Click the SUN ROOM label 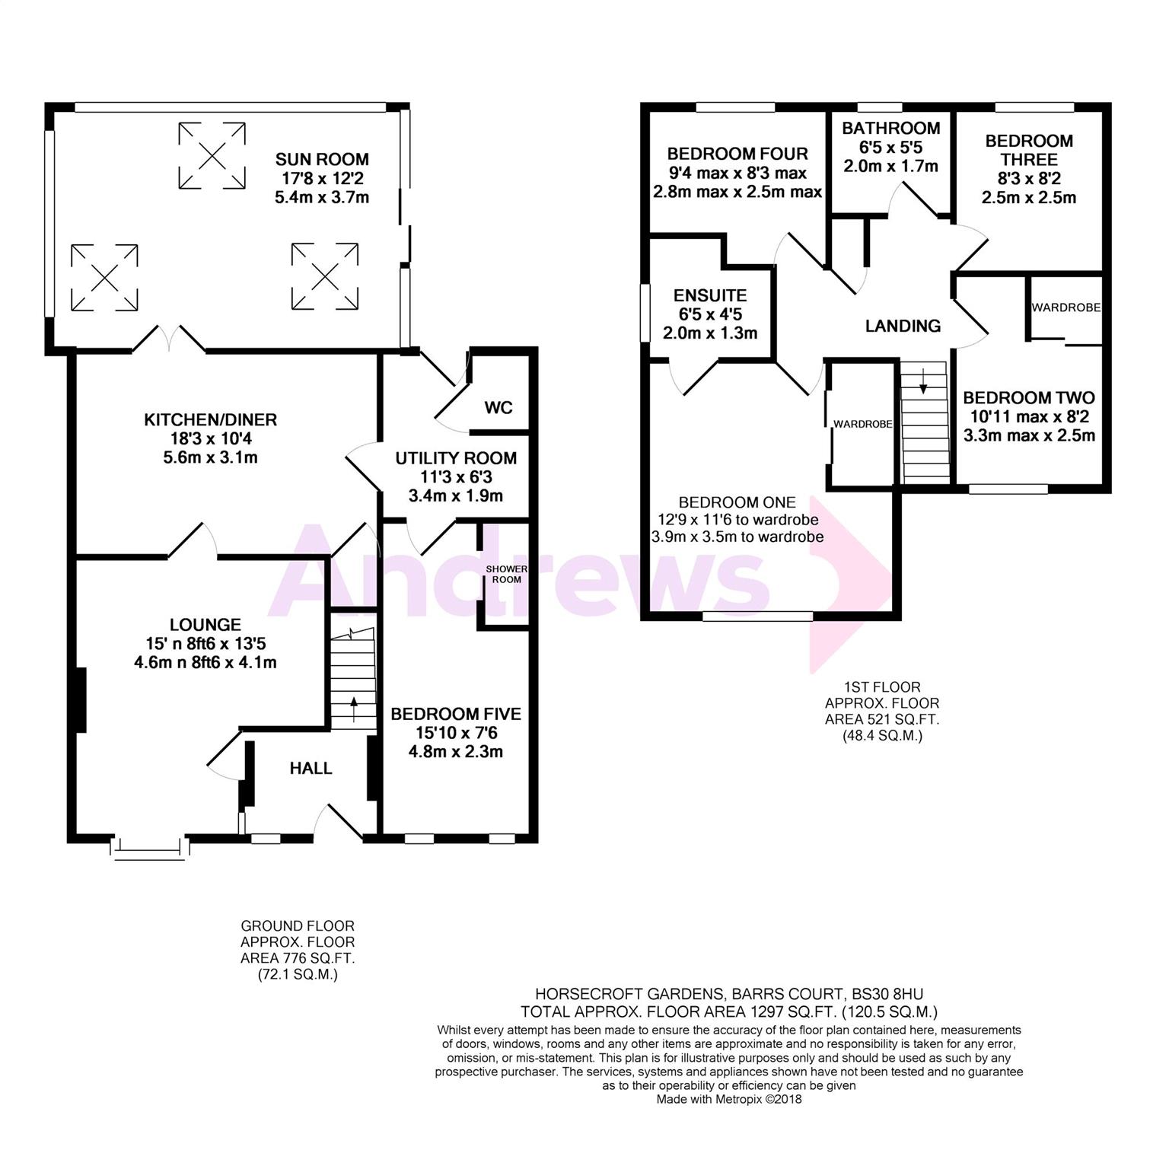tap(322, 159)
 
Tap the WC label tap(498, 408)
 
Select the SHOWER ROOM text tap(506, 575)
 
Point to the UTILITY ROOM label tap(456, 458)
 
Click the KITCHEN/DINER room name tap(211, 420)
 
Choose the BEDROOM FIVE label tap(456, 714)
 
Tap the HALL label tap(311, 769)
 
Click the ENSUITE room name tap(710, 296)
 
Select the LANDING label tap(903, 326)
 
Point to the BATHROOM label tap(890, 128)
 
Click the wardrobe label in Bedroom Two tap(1065, 308)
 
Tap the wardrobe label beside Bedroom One tap(862, 425)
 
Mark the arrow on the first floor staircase tap(924, 380)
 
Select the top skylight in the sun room tap(212, 156)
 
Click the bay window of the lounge tap(148, 849)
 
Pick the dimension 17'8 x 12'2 tap(322, 179)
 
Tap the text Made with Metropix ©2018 tap(729, 1100)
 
